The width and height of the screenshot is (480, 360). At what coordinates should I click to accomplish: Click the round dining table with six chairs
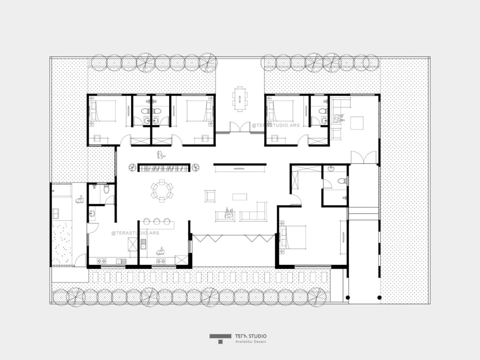[162, 191]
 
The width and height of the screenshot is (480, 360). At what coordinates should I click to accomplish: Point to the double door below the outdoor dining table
[240, 127]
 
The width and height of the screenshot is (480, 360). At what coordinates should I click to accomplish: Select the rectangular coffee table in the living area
[239, 195]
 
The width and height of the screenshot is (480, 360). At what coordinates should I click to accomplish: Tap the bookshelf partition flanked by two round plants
[164, 167]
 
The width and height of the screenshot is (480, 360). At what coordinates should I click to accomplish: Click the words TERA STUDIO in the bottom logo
[251, 336]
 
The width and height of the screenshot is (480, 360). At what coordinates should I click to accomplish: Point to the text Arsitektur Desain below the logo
[250, 342]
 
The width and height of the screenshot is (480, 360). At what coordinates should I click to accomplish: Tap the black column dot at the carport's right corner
[379, 297]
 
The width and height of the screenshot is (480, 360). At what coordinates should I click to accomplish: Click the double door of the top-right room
[364, 157]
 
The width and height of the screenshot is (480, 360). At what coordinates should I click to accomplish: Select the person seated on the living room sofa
[229, 213]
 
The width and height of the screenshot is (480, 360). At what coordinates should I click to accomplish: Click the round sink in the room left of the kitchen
[92, 214]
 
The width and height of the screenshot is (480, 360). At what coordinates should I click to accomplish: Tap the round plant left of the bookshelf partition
[131, 167]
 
